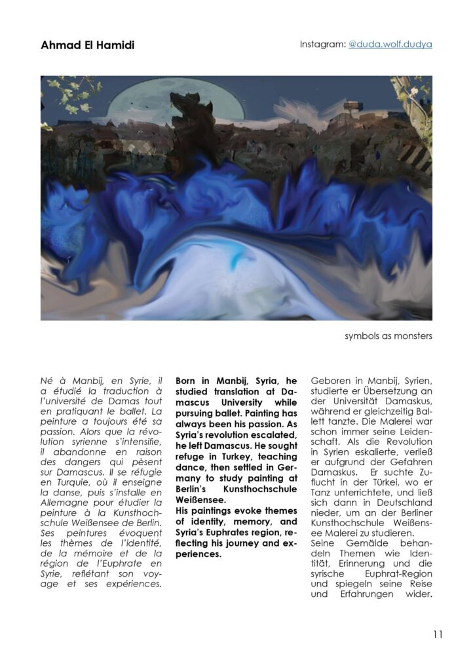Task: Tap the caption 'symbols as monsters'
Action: [388, 337]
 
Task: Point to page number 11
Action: [438, 634]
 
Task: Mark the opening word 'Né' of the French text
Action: [48, 381]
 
